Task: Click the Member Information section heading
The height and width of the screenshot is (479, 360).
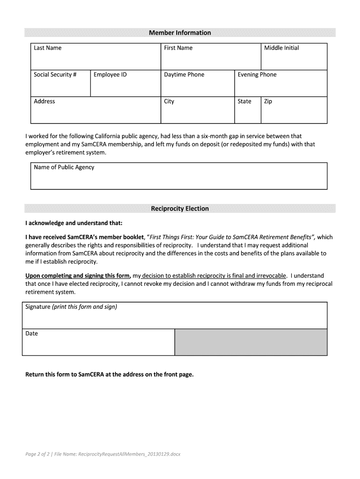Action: click(180, 33)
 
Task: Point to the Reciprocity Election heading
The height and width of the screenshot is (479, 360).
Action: click(180, 209)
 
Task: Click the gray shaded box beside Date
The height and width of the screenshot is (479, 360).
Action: click(251, 342)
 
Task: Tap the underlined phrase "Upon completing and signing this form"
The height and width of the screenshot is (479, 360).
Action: click(78, 276)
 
